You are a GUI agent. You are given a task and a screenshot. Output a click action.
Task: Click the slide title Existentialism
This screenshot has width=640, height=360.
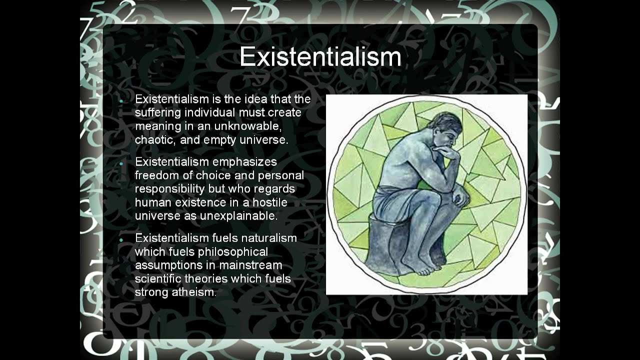pyautogui.click(x=320, y=57)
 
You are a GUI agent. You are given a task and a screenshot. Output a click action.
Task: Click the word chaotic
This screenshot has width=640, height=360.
pyautogui.click(x=155, y=139)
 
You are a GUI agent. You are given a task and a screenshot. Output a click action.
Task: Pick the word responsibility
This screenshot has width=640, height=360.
pyautogui.click(x=170, y=189)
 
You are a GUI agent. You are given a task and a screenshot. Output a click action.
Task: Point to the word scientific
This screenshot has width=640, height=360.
pyautogui.click(x=158, y=278)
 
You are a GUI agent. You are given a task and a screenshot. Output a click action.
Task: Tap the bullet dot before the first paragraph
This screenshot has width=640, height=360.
pyautogui.click(x=121, y=100)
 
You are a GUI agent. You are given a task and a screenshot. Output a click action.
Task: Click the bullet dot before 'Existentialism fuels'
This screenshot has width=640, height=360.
pyautogui.click(x=121, y=240)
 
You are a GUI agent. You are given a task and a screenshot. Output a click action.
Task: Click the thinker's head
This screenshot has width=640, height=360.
pyautogui.click(x=444, y=127)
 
